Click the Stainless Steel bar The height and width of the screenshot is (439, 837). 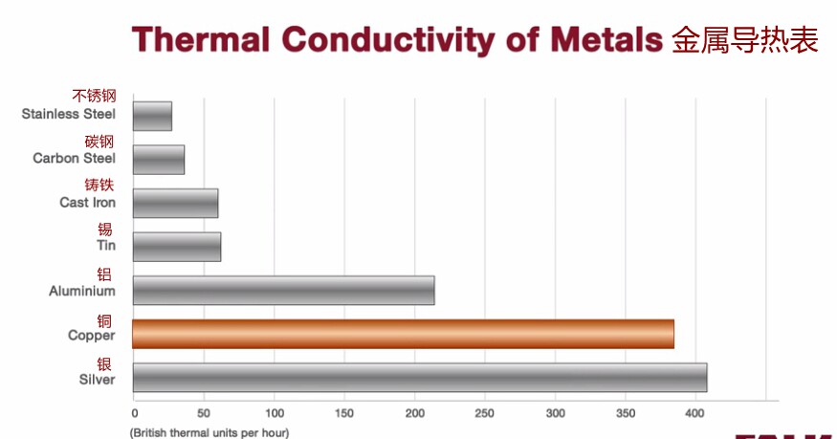click(x=153, y=116)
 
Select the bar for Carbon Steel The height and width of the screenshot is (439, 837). click(x=159, y=160)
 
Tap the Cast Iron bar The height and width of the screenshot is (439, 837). click(x=176, y=203)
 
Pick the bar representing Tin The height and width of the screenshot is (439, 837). click(x=177, y=247)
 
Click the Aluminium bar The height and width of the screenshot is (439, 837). click(x=283, y=291)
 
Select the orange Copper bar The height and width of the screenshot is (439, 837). click(x=403, y=334)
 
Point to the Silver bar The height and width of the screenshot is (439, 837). click(x=420, y=378)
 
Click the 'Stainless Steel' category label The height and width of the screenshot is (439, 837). click(x=68, y=114)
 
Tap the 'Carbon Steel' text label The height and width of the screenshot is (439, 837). click(x=75, y=159)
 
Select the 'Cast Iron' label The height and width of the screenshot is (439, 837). click(x=88, y=203)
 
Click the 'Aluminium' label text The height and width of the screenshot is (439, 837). click(x=82, y=292)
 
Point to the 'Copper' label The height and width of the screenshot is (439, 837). click(x=91, y=336)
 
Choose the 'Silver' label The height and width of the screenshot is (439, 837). click(x=98, y=380)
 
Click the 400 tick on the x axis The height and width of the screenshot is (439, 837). click(x=695, y=413)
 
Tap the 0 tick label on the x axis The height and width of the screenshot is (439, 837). click(x=135, y=413)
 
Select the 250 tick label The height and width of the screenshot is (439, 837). click(x=485, y=413)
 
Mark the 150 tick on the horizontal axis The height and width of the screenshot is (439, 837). click(x=344, y=413)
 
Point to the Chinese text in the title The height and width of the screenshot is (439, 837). click(x=745, y=40)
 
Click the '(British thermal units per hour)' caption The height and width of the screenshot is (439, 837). click(x=209, y=432)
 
